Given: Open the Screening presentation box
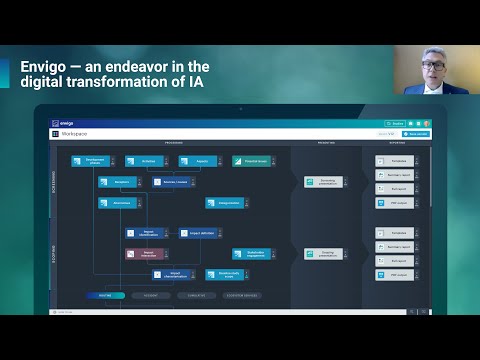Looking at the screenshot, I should (324, 182).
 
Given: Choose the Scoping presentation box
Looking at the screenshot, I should (324, 254).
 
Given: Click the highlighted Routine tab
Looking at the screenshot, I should (104, 296).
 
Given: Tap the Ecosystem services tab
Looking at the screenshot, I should (242, 296).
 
